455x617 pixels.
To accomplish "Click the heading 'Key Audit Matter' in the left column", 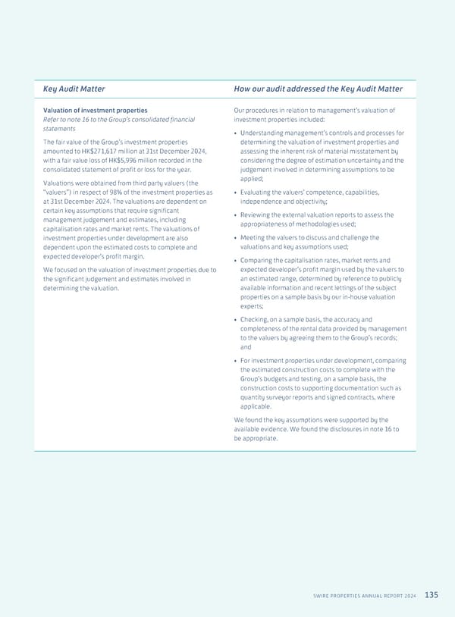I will coord(74,89).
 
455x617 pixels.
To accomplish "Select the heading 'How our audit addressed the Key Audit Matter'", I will coord(318,89).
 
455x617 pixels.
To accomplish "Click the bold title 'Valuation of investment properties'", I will coord(95,111).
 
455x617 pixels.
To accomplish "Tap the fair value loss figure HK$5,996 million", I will coord(115,160).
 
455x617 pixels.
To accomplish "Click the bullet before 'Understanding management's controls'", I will coord(236,133).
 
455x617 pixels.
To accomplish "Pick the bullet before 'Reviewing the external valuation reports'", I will coord(236,215).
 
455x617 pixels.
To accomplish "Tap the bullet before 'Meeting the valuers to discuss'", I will coord(236,238).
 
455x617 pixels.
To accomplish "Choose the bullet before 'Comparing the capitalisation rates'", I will coord(236,261).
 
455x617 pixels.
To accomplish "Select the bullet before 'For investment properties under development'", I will coord(236,361).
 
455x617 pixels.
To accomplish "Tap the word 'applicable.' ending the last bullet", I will coord(256,406).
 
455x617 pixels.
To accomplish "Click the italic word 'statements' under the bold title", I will coord(58,128).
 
